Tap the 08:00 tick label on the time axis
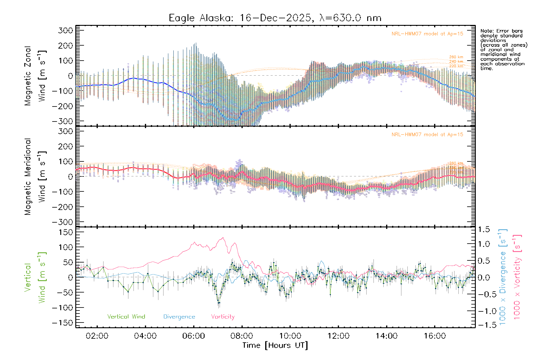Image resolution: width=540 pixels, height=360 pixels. [242, 336]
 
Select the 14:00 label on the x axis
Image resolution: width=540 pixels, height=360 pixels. [386, 336]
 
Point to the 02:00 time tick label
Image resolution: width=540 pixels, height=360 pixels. [97, 336]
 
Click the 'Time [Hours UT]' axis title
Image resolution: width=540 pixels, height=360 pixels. [275, 345]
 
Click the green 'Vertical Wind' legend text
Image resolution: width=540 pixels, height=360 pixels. [126, 317]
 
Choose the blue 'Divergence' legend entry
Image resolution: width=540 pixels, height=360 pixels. [179, 317]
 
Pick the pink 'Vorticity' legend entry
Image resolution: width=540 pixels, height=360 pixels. [223, 317]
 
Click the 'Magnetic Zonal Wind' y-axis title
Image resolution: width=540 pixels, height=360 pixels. [35, 76]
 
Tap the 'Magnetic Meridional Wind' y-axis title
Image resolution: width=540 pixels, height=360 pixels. [35, 177]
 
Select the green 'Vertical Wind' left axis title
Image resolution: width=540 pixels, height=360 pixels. [35, 277]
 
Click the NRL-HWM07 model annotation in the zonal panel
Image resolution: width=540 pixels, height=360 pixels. [427, 34]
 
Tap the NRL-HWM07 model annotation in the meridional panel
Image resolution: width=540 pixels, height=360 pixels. [427, 135]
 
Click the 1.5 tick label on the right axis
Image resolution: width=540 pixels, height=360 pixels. [484, 229]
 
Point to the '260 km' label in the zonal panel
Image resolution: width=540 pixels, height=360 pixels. [456, 57]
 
